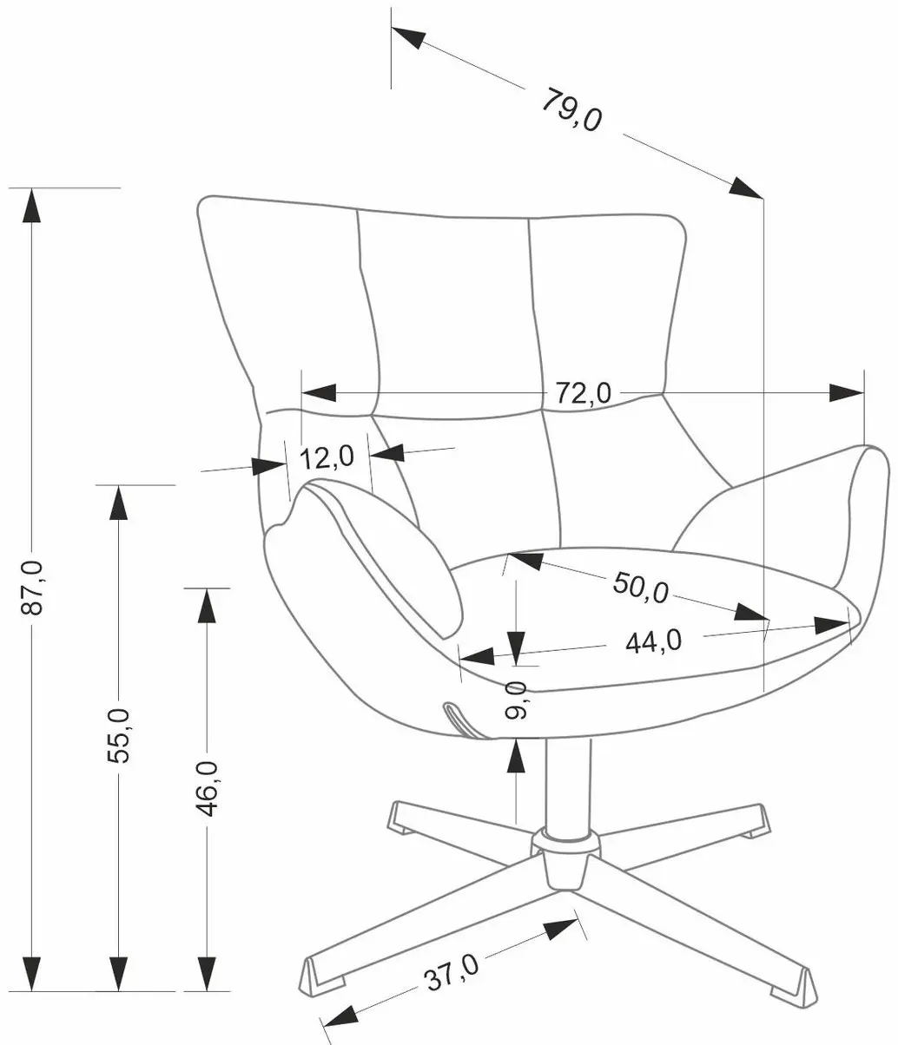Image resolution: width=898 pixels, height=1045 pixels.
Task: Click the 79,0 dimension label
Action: pos(571,109)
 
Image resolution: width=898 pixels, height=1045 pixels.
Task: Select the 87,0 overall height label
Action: pos(32,588)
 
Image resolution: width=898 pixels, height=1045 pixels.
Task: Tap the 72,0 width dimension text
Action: pos(584,393)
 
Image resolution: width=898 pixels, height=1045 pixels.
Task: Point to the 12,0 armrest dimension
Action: pos(327,457)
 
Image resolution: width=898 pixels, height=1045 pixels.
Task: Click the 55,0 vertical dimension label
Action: pos(118,736)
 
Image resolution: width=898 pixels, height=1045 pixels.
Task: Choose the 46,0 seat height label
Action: pos(207,789)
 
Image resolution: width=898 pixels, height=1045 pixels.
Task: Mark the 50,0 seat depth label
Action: pos(640,588)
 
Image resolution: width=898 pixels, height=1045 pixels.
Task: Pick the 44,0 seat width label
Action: pos(653,642)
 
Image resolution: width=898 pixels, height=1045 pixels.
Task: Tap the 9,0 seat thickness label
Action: pos(516,700)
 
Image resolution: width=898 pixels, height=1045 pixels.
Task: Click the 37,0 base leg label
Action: pos(452,972)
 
